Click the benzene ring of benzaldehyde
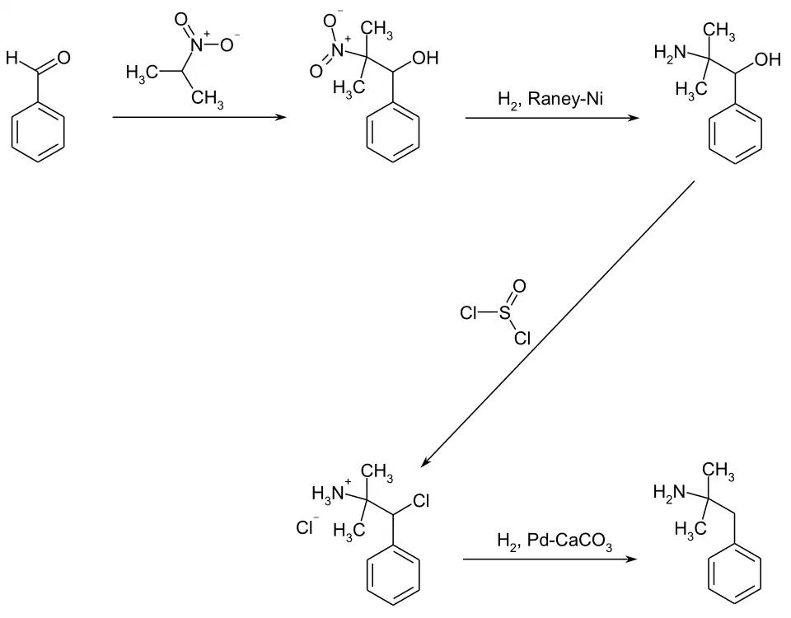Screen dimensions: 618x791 click(39, 132)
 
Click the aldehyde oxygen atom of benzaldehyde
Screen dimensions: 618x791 click(63, 59)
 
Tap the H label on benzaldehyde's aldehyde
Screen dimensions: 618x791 click(10, 58)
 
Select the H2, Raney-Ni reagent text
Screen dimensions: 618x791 click(550, 101)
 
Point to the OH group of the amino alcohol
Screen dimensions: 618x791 click(767, 59)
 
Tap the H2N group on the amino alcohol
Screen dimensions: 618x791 click(670, 54)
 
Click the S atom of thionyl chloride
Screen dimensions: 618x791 click(504, 313)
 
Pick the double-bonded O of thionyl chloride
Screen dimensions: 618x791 click(519, 287)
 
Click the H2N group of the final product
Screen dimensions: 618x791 click(670, 494)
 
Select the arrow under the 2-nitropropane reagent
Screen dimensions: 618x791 click(198, 118)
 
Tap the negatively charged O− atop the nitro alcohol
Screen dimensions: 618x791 click(332, 20)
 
